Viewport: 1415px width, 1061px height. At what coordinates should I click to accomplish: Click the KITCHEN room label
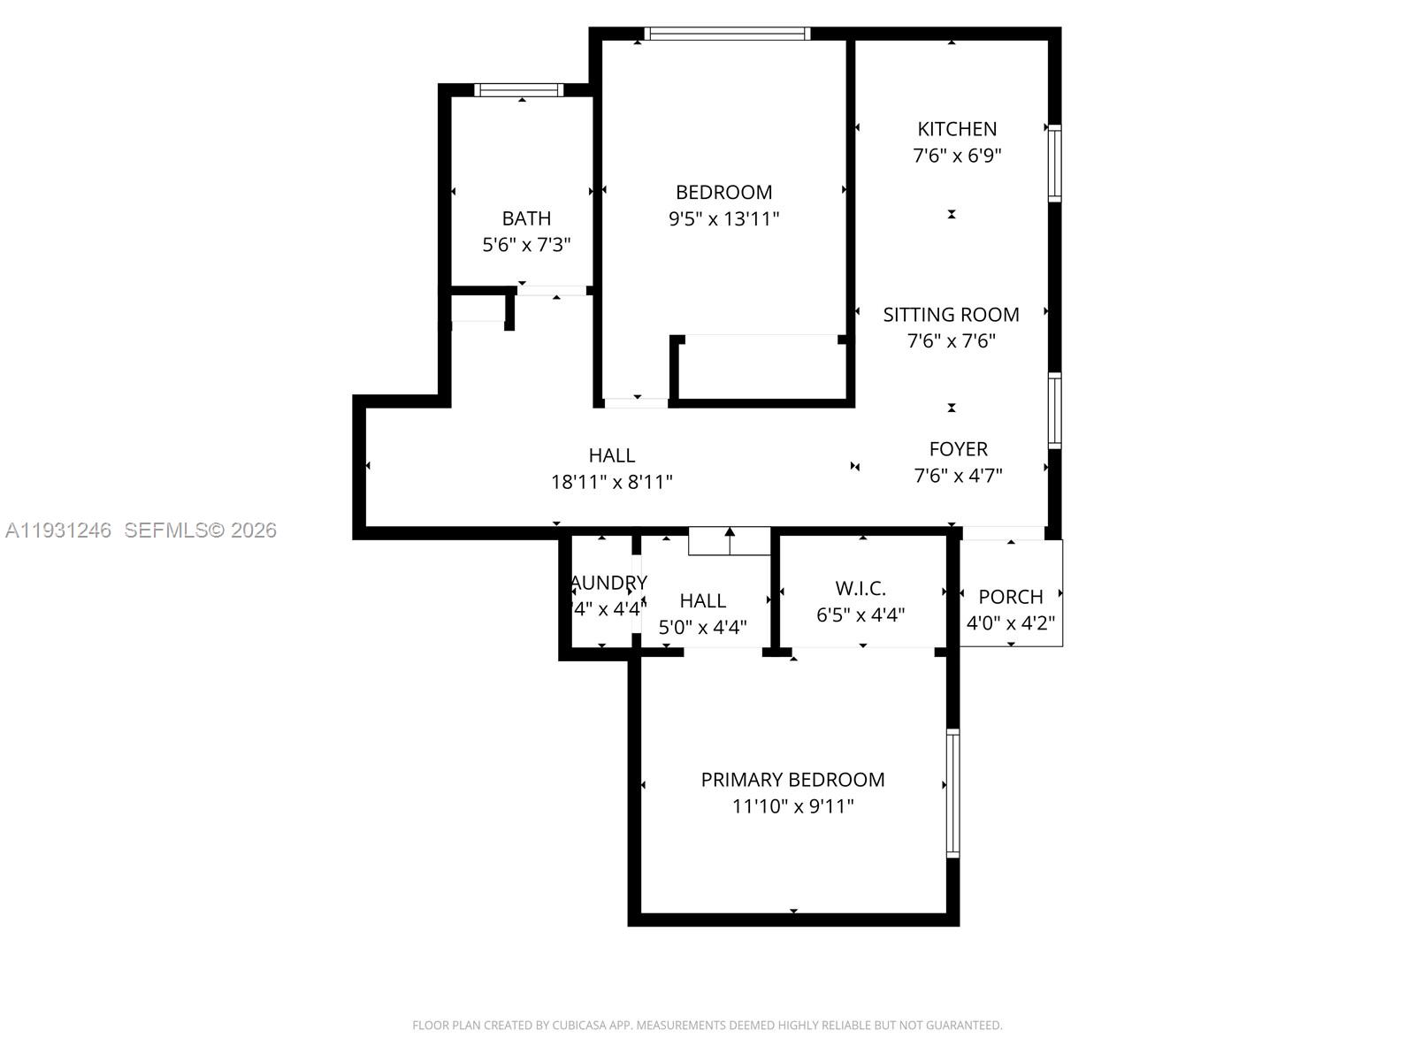[957, 129]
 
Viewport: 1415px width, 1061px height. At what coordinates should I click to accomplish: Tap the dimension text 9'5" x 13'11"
[723, 218]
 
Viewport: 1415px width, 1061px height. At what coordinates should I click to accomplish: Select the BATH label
[526, 218]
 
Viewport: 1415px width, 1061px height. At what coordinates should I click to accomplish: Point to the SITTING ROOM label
[951, 315]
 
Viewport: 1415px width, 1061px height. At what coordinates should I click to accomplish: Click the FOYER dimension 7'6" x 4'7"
[958, 476]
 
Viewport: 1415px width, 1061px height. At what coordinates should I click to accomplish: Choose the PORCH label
[1011, 597]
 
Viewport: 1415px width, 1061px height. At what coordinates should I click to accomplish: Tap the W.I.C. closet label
[860, 589]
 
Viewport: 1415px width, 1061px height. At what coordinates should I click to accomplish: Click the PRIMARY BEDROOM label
[792, 780]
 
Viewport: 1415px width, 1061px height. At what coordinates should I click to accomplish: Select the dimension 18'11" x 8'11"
[612, 482]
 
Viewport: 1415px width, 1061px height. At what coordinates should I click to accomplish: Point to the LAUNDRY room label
[608, 583]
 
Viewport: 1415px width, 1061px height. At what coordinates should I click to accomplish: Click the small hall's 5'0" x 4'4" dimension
[703, 628]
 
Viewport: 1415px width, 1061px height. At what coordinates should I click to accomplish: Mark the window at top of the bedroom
[727, 34]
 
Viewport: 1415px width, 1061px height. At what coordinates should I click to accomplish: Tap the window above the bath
[519, 89]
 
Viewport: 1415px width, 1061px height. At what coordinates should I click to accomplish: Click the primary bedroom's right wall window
[952, 793]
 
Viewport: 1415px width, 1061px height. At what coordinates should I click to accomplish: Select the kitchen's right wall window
[1054, 164]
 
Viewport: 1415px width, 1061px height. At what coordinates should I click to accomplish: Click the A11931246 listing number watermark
[58, 530]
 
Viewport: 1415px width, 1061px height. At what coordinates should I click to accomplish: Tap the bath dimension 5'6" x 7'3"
[526, 245]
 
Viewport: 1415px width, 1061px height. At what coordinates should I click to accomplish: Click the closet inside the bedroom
[761, 368]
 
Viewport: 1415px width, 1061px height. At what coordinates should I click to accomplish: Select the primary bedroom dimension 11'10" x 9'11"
[792, 806]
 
